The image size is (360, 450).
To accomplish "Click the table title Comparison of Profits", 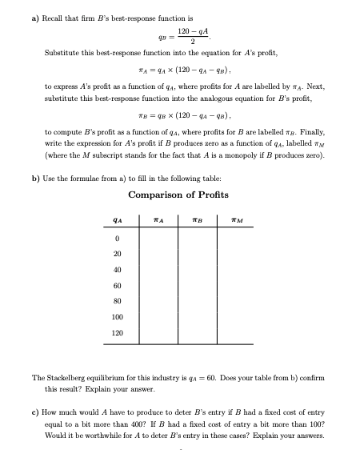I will pyautogui.click(x=178, y=195).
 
